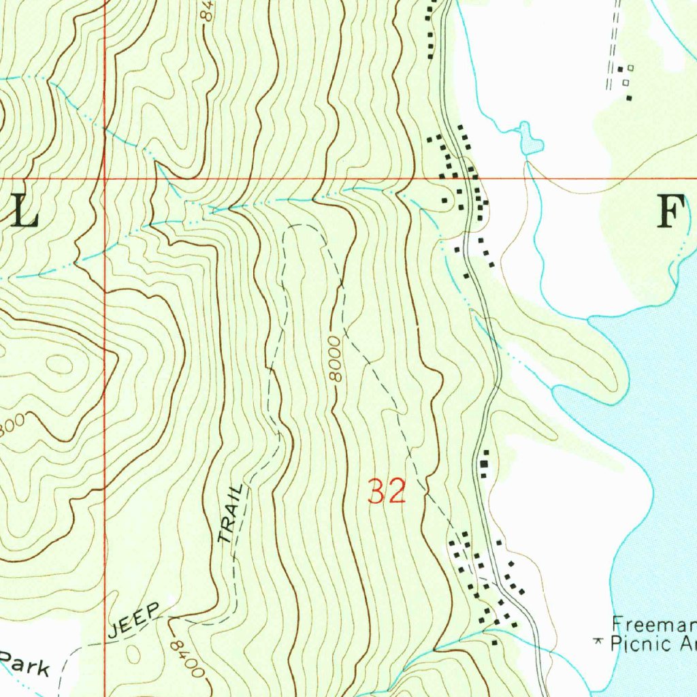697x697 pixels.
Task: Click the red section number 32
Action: pos(387,491)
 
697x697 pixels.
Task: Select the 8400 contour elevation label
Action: pos(187,658)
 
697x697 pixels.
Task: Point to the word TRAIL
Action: pos(230,514)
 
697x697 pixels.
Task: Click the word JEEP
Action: pos(133,621)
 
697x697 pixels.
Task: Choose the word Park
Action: pos(25,663)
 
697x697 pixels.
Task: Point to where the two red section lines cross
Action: pos(105,179)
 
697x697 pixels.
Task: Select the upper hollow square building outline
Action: pos(630,67)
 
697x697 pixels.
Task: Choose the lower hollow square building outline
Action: pos(625,82)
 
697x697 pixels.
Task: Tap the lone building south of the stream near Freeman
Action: pos(495,642)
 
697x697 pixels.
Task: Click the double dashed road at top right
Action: pos(613,41)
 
